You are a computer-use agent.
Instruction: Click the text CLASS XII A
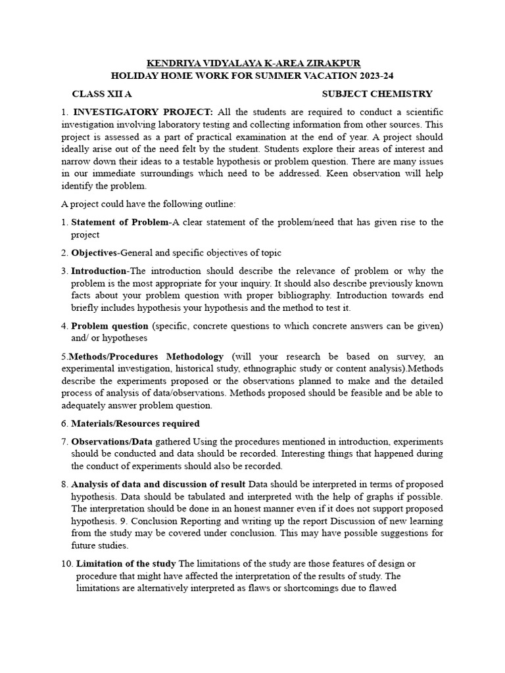click(102, 94)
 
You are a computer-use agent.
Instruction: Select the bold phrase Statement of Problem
click(120, 222)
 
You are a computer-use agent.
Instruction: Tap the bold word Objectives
click(94, 252)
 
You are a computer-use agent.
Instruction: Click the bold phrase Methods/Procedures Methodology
click(146, 356)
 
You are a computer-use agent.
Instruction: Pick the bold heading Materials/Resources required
click(135, 423)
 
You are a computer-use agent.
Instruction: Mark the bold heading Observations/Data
click(111, 441)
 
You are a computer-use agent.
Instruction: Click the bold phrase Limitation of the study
click(126, 564)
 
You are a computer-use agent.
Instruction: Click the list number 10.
click(66, 564)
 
